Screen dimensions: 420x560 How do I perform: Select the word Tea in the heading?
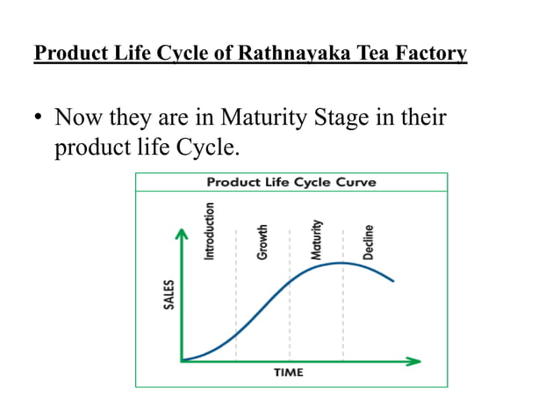(373, 54)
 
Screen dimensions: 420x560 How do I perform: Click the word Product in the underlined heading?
(67, 54)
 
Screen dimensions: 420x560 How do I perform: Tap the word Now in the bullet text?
(77, 117)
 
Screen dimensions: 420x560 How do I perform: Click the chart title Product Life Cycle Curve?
(291, 182)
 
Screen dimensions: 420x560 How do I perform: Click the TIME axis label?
(289, 373)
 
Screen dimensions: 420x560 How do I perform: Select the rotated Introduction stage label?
(209, 230)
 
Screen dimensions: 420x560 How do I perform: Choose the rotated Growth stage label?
(262, 241)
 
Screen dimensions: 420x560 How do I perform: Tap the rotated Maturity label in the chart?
(318, 239)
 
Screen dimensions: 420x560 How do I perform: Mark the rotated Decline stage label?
(369, 242)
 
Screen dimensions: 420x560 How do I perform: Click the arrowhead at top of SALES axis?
(182, 234)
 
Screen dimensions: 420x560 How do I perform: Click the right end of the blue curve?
(393, 281)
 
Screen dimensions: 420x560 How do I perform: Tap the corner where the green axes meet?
(182, 360)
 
